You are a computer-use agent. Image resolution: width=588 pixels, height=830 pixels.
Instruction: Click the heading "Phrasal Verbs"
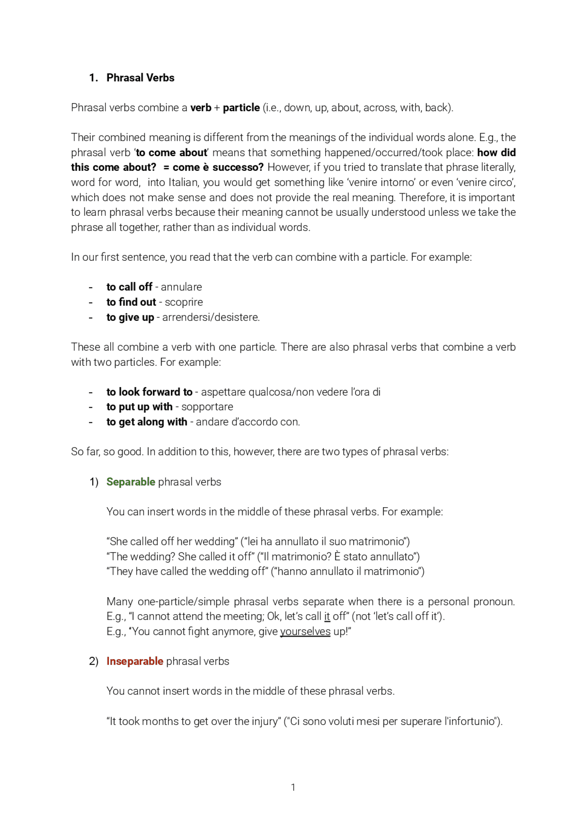[x=140, y=78]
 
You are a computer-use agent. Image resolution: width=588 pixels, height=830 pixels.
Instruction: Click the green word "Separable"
[x=130, y=482]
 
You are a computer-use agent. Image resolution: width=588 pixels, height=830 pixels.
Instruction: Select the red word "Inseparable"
[x=135, y=661]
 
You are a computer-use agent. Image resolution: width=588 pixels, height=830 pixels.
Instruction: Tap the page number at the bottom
[x=293, y=787]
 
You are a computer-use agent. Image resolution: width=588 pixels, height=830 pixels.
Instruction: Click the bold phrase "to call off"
[x=129, y=287]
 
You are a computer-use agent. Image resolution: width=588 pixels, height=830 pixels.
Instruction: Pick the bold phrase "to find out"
[x=131, y=302]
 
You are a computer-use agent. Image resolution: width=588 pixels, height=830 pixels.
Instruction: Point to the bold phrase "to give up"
[x=130, y=317]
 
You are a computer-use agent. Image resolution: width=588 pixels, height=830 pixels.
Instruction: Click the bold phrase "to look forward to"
[x=149, y=392]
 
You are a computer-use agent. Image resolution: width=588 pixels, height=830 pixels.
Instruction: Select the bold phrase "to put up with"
[x=139, y=407]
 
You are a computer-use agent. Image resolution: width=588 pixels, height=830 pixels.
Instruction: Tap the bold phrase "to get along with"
[x=147, y=422]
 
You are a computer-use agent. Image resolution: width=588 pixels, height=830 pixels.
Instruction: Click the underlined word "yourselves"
[x=305, y=632]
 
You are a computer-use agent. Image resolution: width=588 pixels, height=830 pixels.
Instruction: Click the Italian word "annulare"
[x=181, y=287]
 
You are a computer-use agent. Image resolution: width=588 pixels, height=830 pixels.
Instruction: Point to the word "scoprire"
[x=184, y=302]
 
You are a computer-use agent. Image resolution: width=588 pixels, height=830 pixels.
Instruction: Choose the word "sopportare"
[x=207, y=407]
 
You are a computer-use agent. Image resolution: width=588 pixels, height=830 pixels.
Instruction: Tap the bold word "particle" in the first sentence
[x=241, y=107]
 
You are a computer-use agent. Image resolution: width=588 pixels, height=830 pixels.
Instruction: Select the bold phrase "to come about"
[x=171, y=152]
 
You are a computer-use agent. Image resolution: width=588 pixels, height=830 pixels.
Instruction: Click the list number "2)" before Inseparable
[x=94, y=661]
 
